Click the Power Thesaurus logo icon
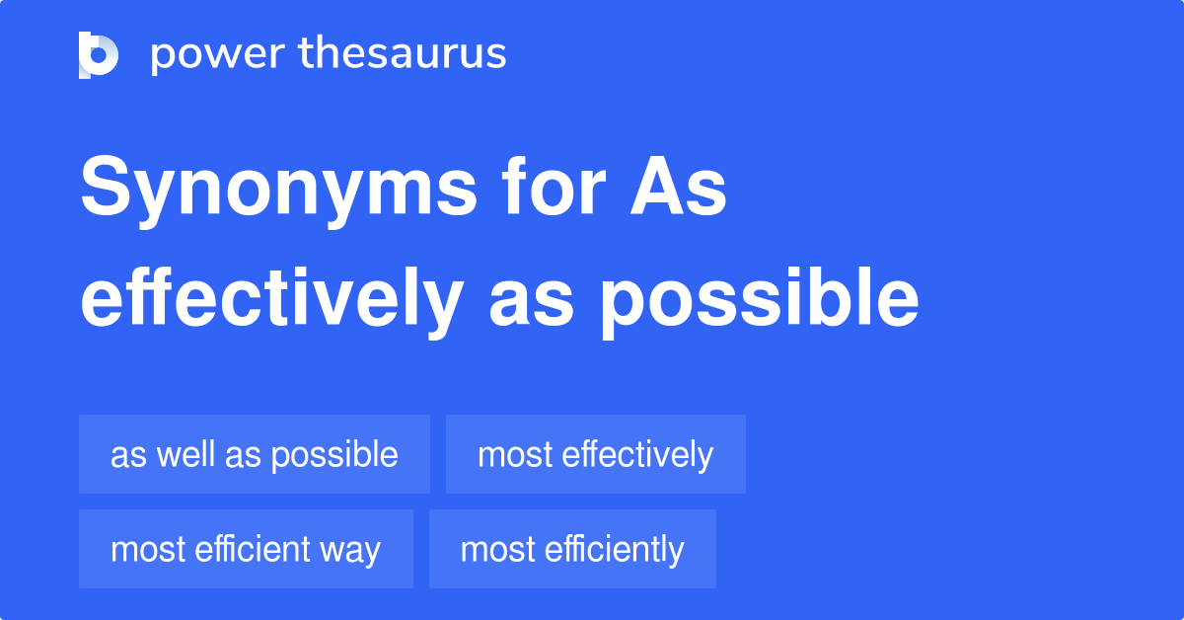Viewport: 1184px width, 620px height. [x=99, y=54]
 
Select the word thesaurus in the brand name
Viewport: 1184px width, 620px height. [x=403, y=54]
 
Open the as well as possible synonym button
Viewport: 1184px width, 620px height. [x=255, y=454]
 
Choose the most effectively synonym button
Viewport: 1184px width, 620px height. [x=595, y=454]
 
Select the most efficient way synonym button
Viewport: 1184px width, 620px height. [x=246, y=549]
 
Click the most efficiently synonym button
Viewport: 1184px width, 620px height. [x=572, y=549]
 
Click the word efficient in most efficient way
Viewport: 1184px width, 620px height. [x=251, y=549]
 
